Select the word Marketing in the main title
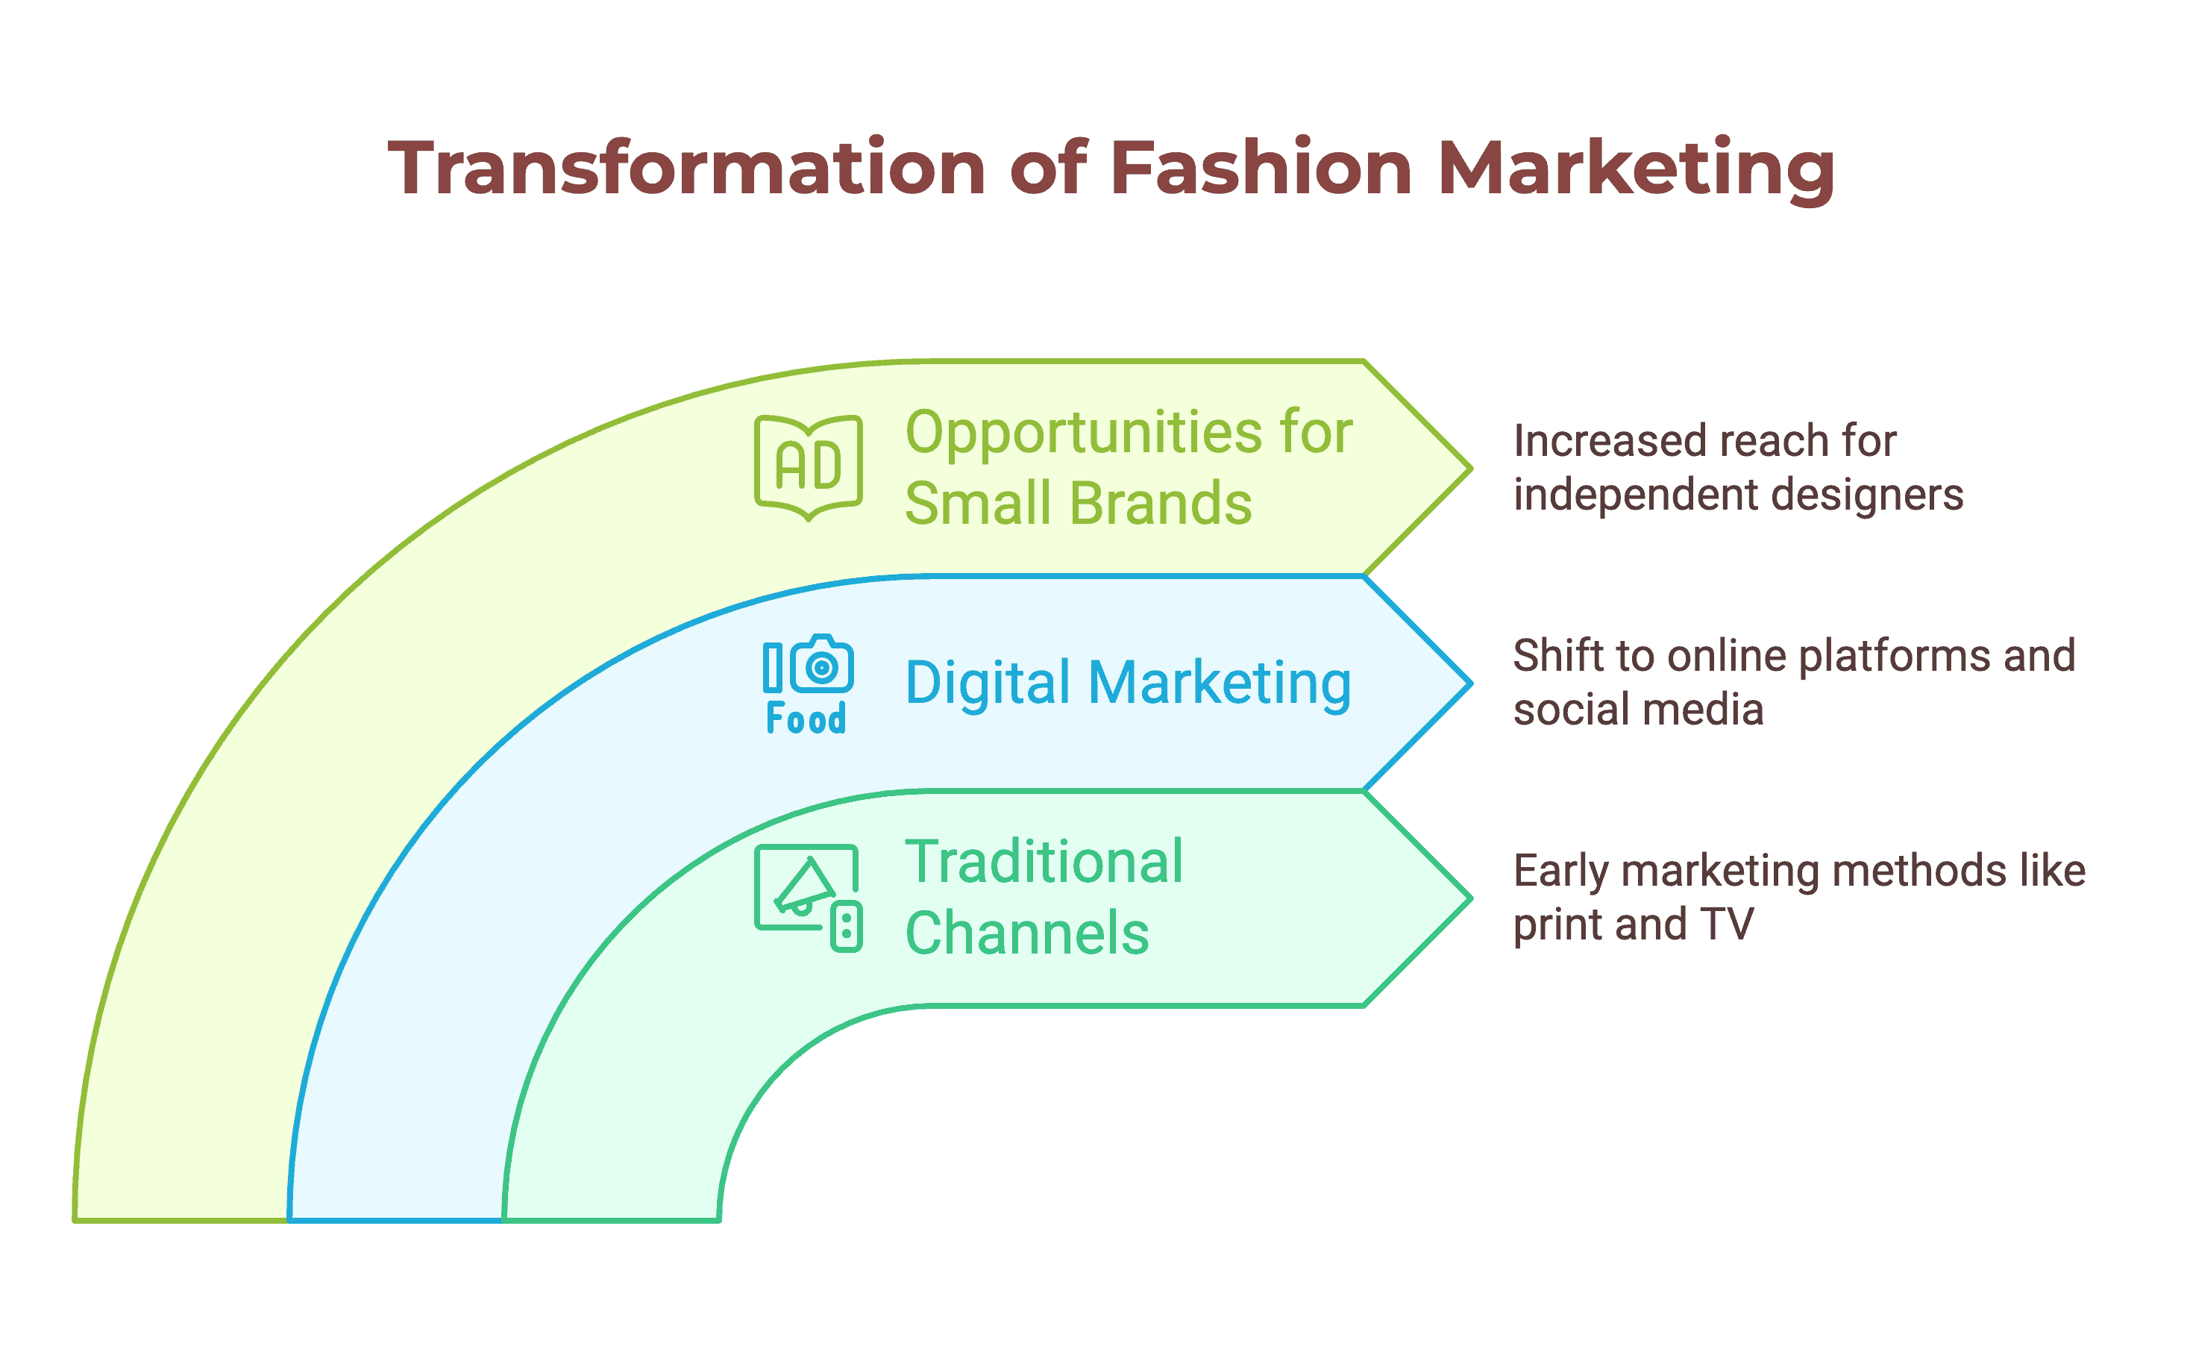[1637, 172]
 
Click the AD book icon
[809, 467]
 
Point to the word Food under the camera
[806, 719]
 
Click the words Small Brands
[1079, 503]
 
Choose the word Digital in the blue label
[988, 683]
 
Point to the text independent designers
[1738, 495]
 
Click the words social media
[1638, 709]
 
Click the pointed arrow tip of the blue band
[1470, 683]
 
